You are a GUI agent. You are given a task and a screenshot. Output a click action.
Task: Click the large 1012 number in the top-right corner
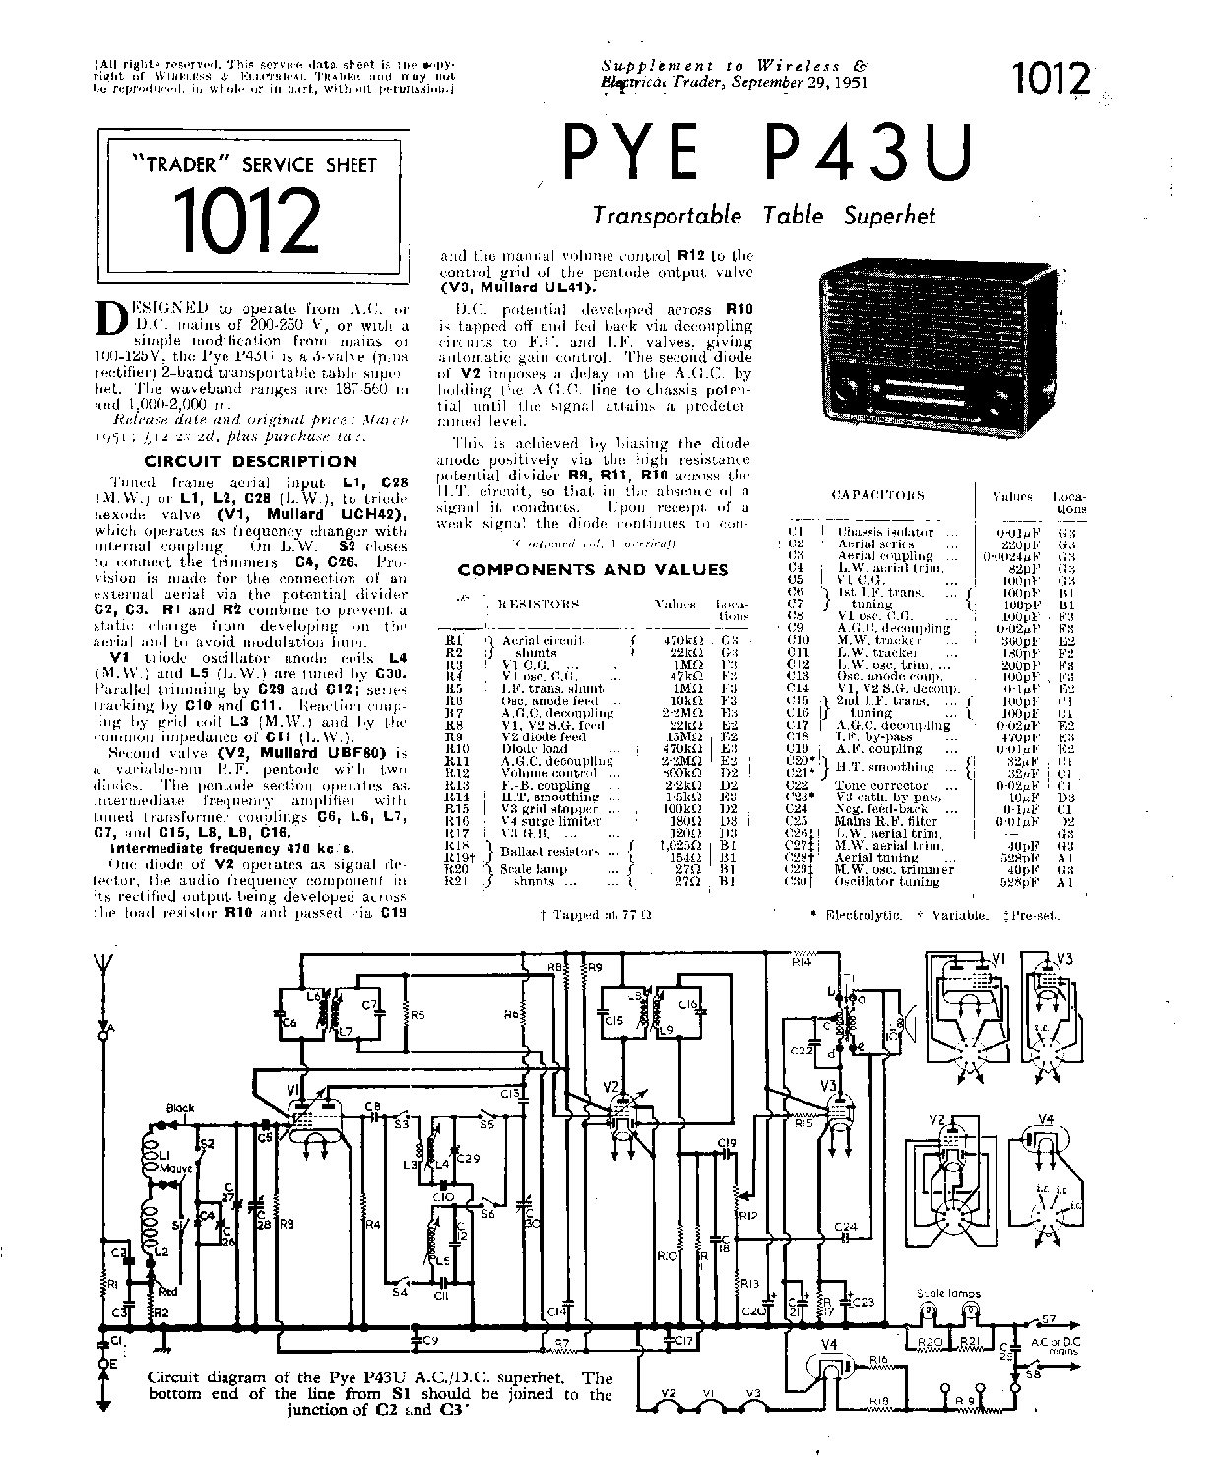click(x=1050, y=80)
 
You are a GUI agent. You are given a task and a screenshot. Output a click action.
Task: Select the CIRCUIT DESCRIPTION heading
click(x=251, y=461)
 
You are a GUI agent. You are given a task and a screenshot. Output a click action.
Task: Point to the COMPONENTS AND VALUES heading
click(x=593, y=569)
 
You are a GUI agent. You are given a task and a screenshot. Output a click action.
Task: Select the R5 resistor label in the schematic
click(x=418, y=1014)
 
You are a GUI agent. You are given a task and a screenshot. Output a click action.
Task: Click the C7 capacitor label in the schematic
click(x=369, y=1005)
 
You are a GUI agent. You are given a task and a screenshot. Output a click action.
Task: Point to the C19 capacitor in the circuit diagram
click(x=727, y=1143)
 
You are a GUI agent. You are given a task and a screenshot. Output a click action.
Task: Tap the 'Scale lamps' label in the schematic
click(x=940, y=1294)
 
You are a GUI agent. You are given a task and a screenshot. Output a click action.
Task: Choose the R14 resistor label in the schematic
click(x=801, y=962)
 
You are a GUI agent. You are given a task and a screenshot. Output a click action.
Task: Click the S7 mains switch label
click(x=1049, y=1319)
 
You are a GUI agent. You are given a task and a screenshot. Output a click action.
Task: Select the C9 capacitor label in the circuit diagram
click(x=430, y=1340)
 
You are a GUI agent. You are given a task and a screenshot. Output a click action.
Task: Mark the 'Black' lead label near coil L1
click(x=181, y=1108)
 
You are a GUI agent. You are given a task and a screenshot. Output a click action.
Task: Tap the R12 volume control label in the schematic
click(x=748, y=1216)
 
